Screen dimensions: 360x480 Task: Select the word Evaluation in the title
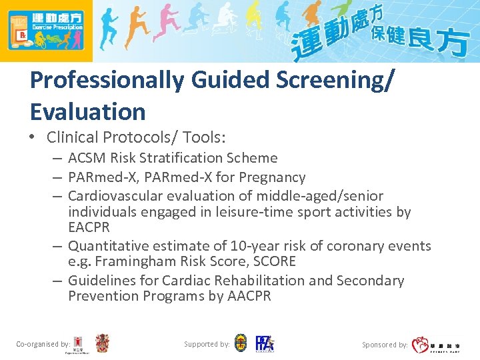pos(87,111)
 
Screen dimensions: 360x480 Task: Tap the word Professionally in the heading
pos(107,80)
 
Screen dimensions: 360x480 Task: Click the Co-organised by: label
pos(43,344)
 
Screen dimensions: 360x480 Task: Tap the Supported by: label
pos(207,344)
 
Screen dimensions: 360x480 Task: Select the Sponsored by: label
pos(385,345)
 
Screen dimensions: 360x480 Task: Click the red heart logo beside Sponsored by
pos(419,345)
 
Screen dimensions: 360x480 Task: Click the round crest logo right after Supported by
pos(241,343)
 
